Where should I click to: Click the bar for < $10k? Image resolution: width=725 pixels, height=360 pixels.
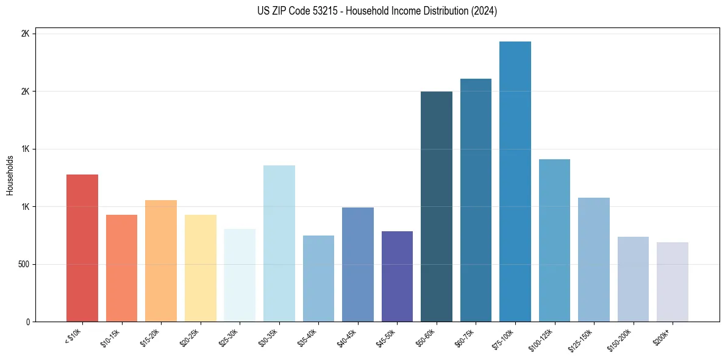pyautogui.click(x=82, y=248)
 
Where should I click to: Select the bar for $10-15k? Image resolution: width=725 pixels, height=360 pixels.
pyautogui.click(x=121, y=268)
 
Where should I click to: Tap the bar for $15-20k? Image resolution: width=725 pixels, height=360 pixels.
pyautogui.click(x=161, y=261)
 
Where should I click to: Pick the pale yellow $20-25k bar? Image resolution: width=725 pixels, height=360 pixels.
pyautogui.click(x=200, y=268)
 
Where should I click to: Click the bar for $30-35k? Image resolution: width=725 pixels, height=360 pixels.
pyautogui.click(x=279, y=243)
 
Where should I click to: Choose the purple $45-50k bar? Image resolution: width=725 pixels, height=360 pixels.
pyautogui.click(x=397, y=276)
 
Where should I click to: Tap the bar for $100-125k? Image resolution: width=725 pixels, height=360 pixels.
pyautogui.click(x=554, y=240)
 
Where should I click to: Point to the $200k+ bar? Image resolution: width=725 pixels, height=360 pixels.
pyautogui.click(x=673, y=282)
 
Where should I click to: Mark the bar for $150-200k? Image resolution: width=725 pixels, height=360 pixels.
pyautogui.click(x=633, y=279)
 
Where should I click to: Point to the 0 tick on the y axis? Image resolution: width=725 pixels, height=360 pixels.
pyautogui.click(x=27, y=322)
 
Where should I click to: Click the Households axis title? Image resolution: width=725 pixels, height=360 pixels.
pyautogui.click(x=10, y=175)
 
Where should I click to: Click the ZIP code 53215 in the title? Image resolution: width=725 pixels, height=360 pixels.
pyautogui.click(x=332, y=11)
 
